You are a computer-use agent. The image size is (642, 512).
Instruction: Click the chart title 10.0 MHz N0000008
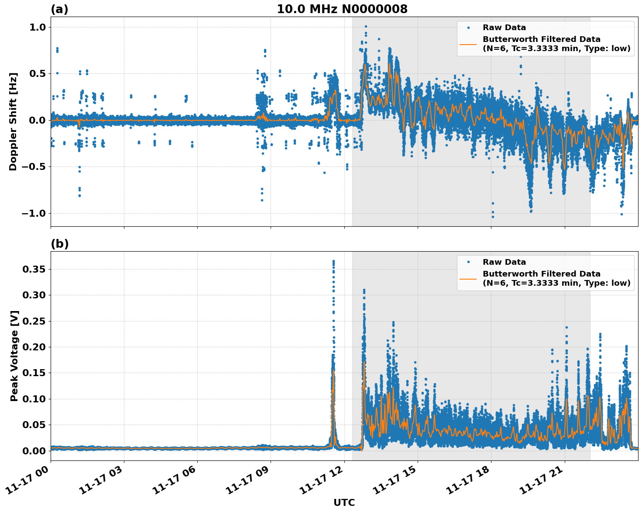pyautogui.click(x=342, y=9)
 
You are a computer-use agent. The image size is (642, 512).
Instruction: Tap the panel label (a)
pyautogui.click(x=59, y=9)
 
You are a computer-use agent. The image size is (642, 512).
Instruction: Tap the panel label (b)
pyautogui.click(x=59, y=244)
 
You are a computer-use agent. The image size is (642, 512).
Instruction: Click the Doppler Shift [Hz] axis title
pyautogui.click(x=13, y=121)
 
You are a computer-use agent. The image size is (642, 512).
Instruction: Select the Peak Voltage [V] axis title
pyautogui.click(x=14, y=356)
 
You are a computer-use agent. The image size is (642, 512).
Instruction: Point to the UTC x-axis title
pyautogui.click(x=344, y=502)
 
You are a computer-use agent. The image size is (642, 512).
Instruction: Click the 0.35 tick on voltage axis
pyautogui.click(x=34, y=270)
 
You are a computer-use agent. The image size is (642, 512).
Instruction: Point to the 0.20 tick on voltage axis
pyautogui.click(x=34, y=347)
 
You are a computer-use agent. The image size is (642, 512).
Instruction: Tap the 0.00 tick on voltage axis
pyautogui.click(x=34, y=451)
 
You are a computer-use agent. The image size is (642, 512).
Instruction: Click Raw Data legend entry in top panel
pyautogui.click(x=504, y=28)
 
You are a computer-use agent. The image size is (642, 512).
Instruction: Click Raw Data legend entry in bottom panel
pyautogui.click(x=504, y=262)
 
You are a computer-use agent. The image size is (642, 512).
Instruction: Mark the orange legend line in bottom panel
pyautogui.click(x=468, y=278)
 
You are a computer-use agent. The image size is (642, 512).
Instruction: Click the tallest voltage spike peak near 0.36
pyautogui.click(x=333, y=261)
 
